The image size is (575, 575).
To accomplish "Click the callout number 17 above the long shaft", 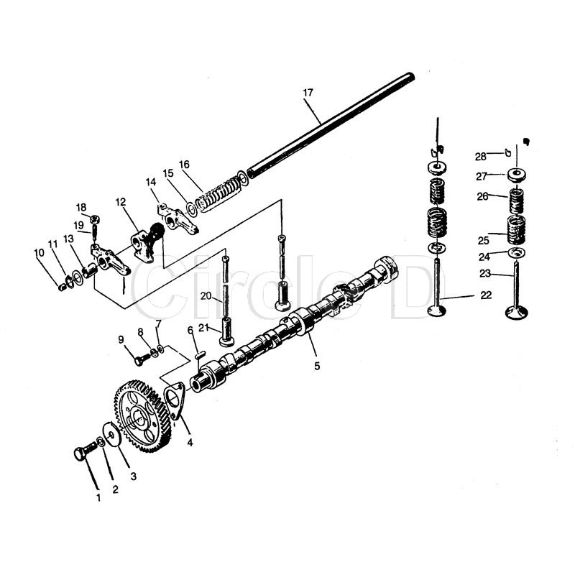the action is click(308, 93).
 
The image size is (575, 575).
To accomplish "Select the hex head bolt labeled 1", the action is click(85, 451).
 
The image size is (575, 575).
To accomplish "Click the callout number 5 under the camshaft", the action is click(317, 366).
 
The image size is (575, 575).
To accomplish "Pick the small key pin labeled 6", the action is click(201, 354).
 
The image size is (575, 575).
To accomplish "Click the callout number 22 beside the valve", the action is click(486, 295).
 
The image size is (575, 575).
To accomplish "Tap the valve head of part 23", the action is click(516, 313).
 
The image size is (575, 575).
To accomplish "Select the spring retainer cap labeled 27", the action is click(516, 175).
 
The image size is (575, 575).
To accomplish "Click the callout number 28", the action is click(480, 157).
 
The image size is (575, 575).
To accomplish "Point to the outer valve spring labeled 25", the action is click(516, 229).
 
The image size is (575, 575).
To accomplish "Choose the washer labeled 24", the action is click(516, 253).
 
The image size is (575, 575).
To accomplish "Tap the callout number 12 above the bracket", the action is click(120, 202).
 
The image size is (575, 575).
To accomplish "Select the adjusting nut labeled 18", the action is click(95, 220).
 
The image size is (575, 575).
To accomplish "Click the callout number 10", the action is click(39, 253).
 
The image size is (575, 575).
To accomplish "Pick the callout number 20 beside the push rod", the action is click(206, 295).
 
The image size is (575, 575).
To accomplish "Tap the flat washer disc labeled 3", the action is click(111, 435).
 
